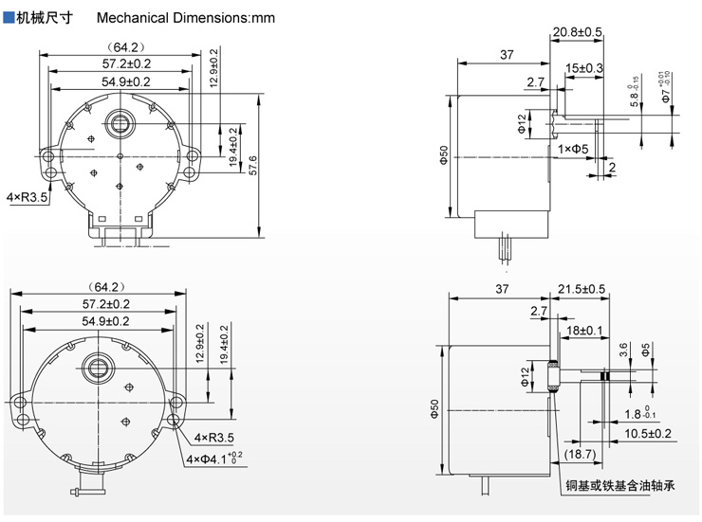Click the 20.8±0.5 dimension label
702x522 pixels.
tap(578, 32)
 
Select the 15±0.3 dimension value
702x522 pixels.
tap(584, 68)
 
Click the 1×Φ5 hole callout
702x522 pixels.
tap(574, 150)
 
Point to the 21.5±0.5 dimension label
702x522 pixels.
tap(582, 288)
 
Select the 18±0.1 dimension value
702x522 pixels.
tap(584, 329)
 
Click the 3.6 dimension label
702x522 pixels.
tap(621, 350)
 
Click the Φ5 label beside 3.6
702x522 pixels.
tap(645, 350)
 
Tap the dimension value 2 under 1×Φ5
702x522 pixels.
tap(612, 168)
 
